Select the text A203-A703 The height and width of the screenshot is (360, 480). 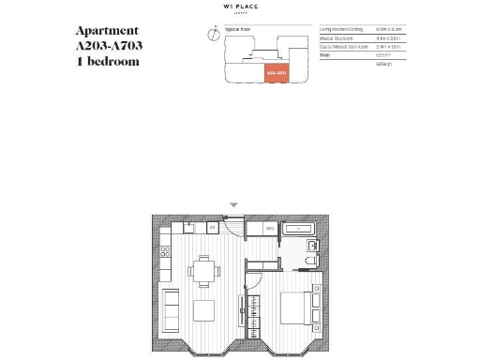coord(109,46)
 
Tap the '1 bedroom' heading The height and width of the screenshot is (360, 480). coord(108,62)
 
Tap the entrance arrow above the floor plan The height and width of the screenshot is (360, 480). coord(234,205)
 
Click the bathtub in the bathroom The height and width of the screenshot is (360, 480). coord(300,228)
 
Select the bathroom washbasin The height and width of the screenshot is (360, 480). coord(313,245)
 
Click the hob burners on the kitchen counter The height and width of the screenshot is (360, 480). coord(166,251)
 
